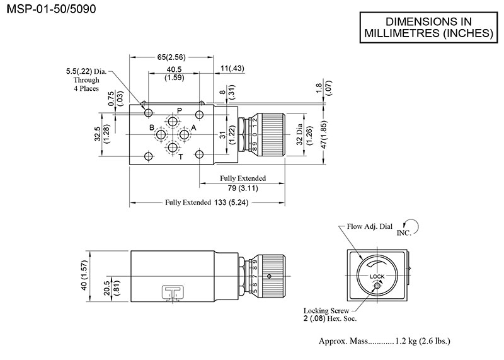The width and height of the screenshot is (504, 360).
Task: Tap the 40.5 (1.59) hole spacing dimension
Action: coord(174,74)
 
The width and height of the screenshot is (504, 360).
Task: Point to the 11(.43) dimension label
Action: coord(234,68)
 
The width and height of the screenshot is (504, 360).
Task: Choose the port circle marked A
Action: coord(185,134)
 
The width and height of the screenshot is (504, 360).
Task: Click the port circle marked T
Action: coord(173,149)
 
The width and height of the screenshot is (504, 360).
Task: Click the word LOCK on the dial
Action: coord(377,276)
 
